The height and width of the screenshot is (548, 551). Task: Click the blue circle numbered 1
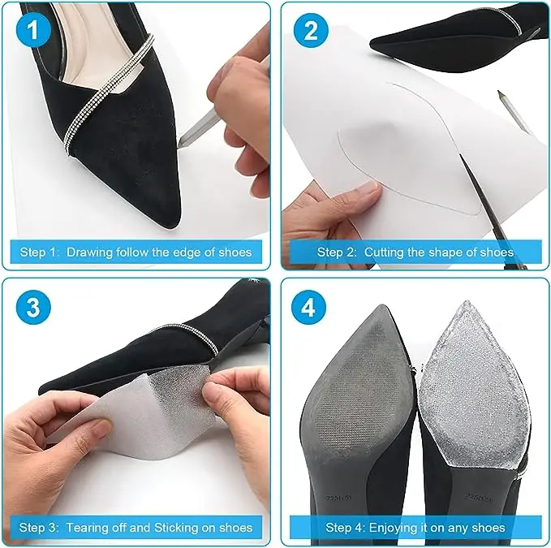(34, 32)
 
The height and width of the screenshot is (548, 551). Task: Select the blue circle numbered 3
(34, 309)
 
